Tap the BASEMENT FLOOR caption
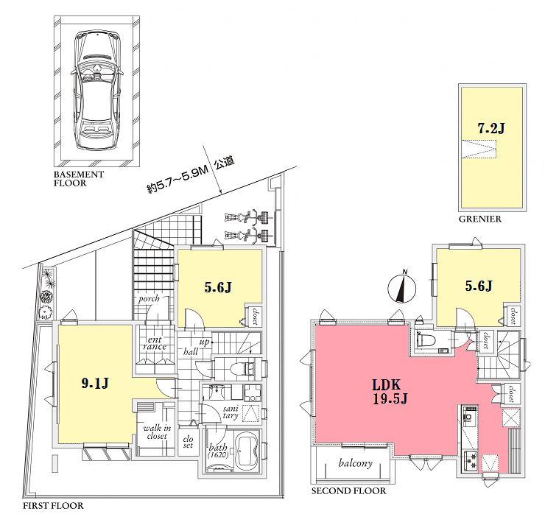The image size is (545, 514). pyautogui.click(x=79, y=179)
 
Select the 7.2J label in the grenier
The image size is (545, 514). pyautogui.click(x=490, y=127)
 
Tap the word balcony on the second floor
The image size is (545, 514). pyautogui.click(x=354, y=463)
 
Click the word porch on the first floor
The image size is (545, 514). pyautogui.click(x=150, y=299)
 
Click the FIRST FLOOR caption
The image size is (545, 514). pyautogui.click(x=52, y=506)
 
